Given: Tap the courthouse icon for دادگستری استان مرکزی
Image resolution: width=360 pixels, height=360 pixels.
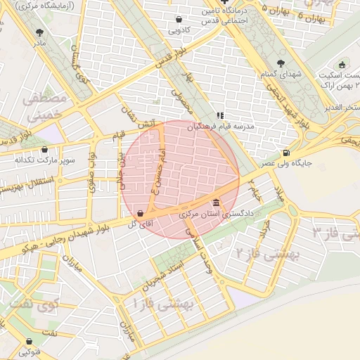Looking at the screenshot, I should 215,203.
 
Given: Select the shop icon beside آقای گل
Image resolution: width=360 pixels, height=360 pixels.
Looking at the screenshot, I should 141,213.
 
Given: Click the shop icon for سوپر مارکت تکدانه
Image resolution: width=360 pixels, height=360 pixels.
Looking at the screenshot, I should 45,149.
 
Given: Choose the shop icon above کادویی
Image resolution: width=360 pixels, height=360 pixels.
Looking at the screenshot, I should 179,19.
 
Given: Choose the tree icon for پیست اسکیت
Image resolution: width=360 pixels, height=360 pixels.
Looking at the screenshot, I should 342,65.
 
